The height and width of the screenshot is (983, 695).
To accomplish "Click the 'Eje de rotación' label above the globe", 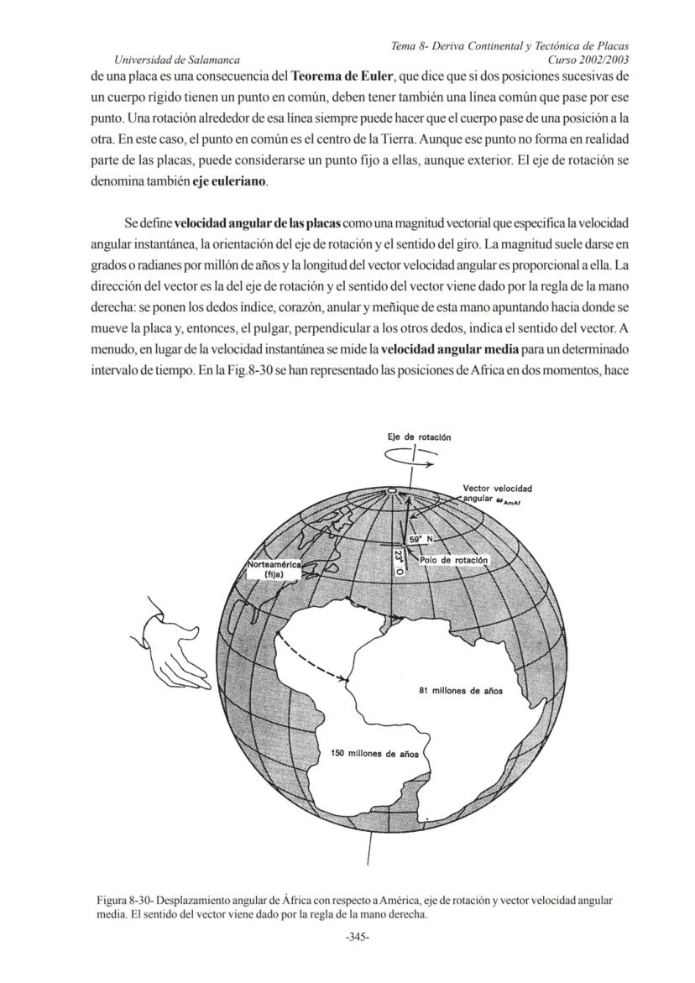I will pyautogui.click(x=419, y=437).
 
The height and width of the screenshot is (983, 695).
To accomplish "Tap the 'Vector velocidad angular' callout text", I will pyautogui.click(x=498, y=494).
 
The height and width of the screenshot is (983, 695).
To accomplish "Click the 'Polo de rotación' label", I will pyautogui.click(x=453, y=559).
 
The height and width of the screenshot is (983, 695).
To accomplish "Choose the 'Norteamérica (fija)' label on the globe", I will pyautogui.click(x=274, y=569).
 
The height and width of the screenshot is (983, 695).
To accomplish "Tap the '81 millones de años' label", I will pyautogui.click(x=461, y=691).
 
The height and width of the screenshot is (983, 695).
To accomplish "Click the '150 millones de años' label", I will pyautogui.click(x=375, y=754).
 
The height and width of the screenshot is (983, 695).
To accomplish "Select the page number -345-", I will pyautogui.click(x=358, y=938).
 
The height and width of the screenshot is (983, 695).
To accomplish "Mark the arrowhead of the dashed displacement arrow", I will pyautogui.click(x=344, y=677).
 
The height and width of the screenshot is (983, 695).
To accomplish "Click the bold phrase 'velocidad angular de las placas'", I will pyautogui.click(x=257, y=224).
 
